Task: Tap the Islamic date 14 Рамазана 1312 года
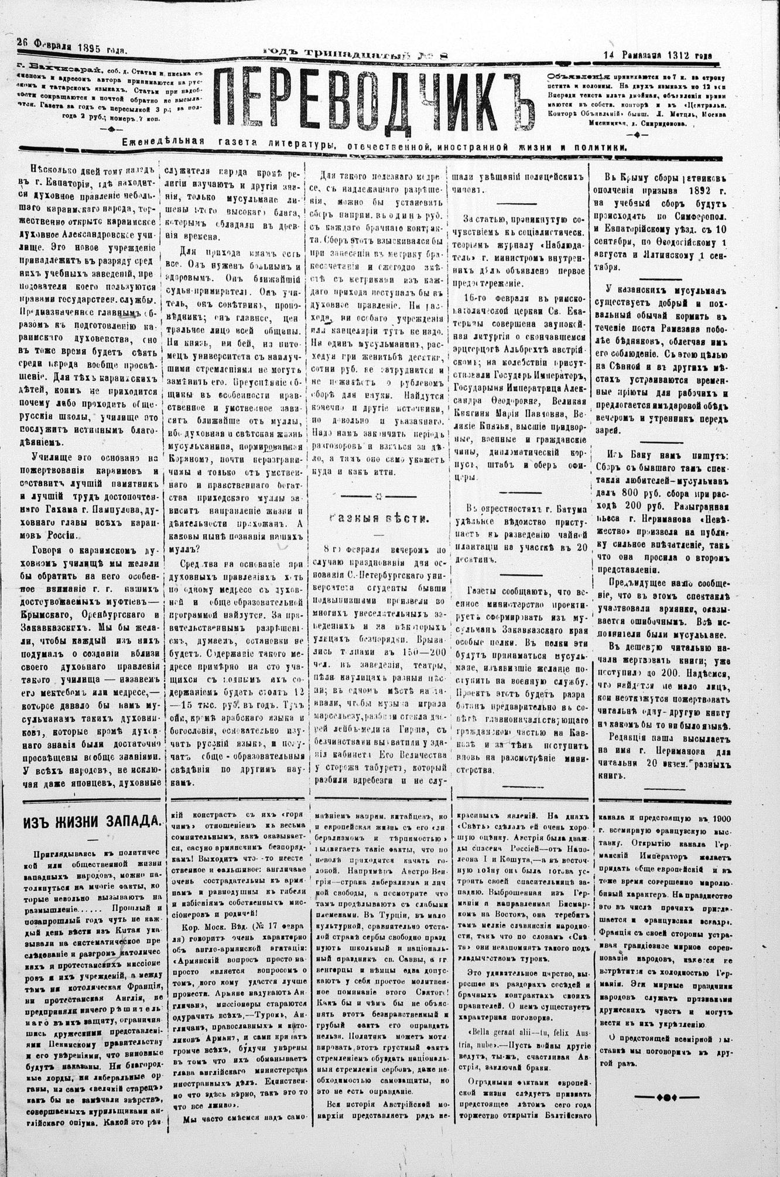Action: click(657, 54)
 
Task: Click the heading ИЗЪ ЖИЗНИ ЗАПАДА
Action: click(91, 819)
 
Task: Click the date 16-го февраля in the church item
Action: click(494, 299)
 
